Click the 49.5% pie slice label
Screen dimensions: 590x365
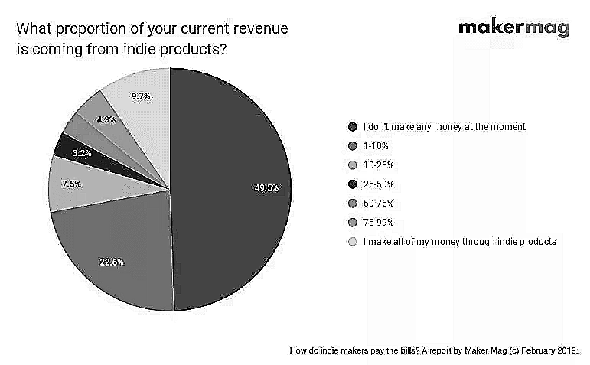point(266,187)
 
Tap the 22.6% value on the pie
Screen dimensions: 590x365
point(112,262)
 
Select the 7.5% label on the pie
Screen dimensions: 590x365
point(71,184)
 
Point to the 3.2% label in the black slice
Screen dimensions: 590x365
point(82,153)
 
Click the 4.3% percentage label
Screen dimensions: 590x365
point(106,119)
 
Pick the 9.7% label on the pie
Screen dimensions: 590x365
point(140,96)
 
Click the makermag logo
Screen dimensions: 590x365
point(514,28)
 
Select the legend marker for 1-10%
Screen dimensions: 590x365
point(353,146)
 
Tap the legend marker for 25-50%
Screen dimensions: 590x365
point(353,184)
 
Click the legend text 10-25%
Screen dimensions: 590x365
point(379,165)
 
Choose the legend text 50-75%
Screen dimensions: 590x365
point(379,204)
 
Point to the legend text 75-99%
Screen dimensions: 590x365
point(379,223)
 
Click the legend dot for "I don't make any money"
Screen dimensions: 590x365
point(353,127)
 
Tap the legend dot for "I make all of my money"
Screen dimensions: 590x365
point(353,242)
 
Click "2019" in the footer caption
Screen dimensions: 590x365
point(567,350)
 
